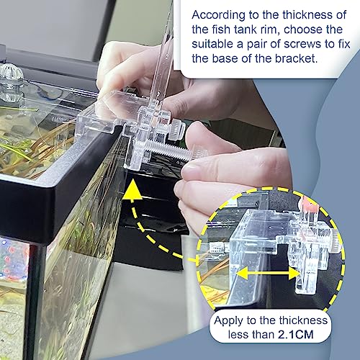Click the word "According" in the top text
[x=218, y=16]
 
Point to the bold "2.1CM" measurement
[x=296, y=335]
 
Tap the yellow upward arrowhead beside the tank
[x=132, y=190]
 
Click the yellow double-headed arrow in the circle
[x=268, y=273]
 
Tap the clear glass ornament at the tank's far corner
[x=10, y=83]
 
